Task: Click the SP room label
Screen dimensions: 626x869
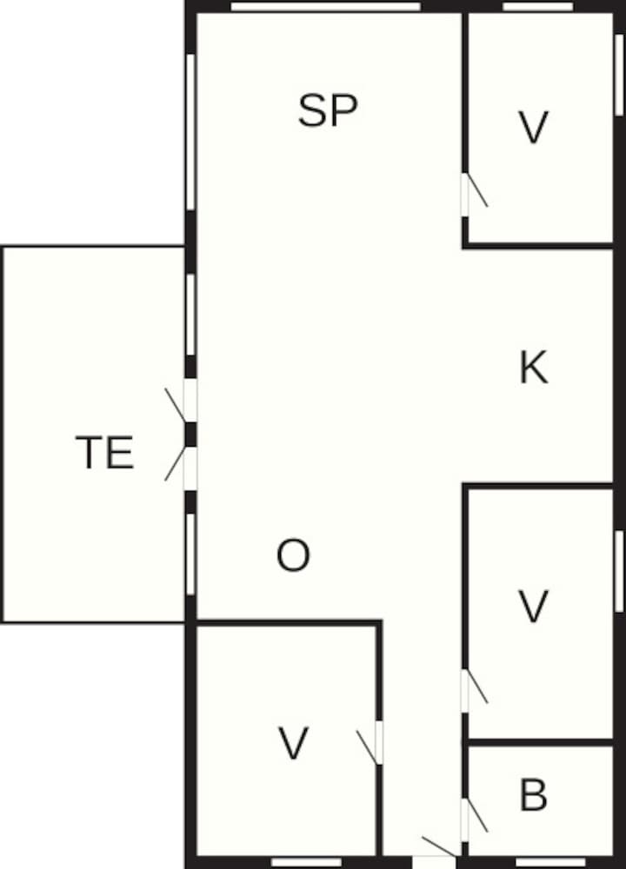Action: coord(328,111)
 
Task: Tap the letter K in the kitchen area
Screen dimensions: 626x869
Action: coord(534,367)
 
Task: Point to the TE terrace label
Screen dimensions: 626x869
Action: coord(105,452)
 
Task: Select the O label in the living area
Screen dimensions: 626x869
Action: coord(293,555)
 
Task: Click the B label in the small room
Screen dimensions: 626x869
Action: coord(533,795)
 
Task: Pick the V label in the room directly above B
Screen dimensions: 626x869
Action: coord(533,607)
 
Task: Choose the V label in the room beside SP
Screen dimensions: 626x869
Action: coord(533,128)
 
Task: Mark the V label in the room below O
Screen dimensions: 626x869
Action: coord(293,743)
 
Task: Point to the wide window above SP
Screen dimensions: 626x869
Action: coord(325,7)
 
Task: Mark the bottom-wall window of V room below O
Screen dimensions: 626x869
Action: coord(307,862)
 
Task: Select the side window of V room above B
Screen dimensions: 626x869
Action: coord(619,572)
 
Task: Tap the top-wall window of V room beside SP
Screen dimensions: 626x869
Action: coord(538,7)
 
